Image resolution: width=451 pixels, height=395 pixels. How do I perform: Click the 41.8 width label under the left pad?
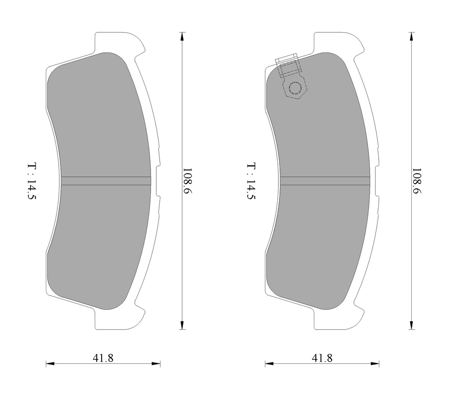click(x=103, y=358)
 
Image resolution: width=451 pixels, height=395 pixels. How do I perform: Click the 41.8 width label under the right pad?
click(x=322, y=358)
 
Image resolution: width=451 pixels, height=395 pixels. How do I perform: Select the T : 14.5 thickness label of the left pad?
click(x=32, y=181)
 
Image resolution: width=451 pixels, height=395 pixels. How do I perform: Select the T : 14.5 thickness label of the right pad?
click(x=251, y=181)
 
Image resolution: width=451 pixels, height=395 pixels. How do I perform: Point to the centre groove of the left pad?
click(x=106, y=181)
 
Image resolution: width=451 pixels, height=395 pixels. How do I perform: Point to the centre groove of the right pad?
click(x=325, y=181)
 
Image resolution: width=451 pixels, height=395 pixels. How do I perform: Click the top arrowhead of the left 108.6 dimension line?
click(x=181, y=36)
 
